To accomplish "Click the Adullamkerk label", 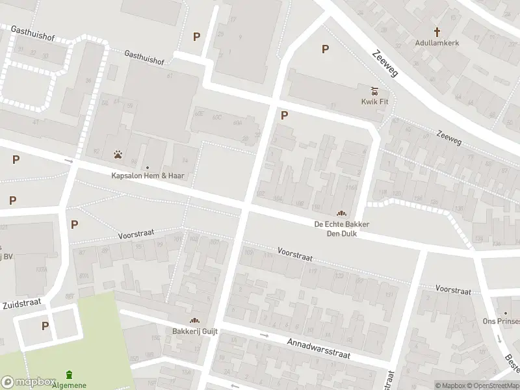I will point(437,43).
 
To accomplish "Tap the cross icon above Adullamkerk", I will point(437,31).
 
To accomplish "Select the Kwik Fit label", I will point(374,101).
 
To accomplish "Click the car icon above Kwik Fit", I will point(374,90).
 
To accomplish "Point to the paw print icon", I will point(118,155).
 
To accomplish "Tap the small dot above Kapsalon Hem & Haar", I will point(147,167).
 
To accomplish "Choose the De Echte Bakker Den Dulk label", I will point(341,228).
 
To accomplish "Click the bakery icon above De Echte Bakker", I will point(341,213).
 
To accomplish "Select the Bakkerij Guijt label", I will point(195,331).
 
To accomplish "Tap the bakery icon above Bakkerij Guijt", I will point(194,320).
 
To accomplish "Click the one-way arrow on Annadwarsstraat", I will point(264,335).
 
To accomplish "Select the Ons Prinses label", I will point(503,321).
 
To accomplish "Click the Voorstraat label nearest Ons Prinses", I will point(453,290).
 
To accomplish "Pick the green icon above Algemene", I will point(70,374).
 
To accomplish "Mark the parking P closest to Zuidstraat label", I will point(45,326).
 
